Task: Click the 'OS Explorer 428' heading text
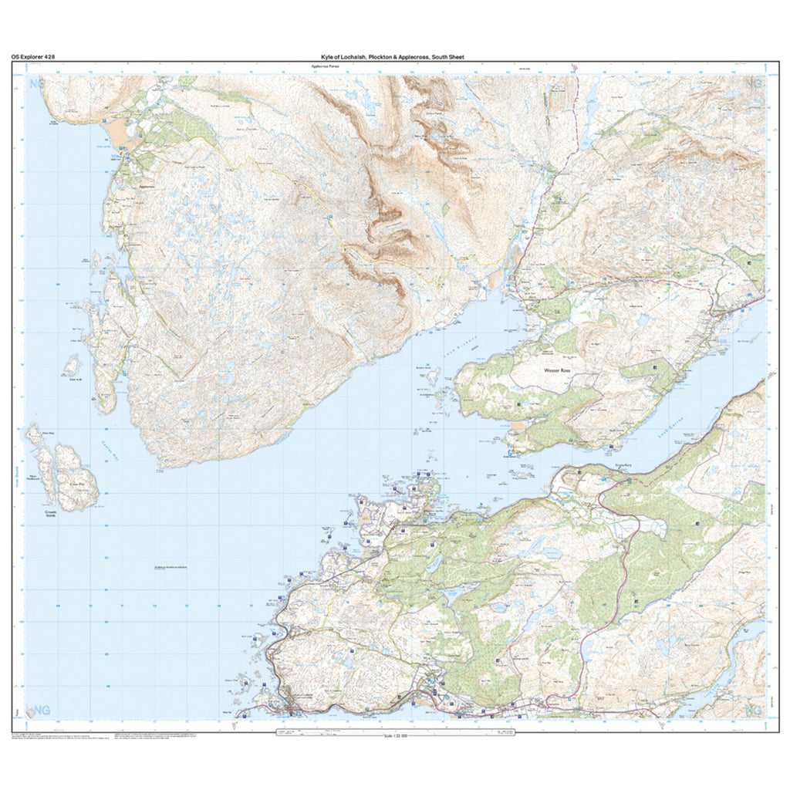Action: pos(32,57)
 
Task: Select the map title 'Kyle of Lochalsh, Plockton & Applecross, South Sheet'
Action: pos(393,57)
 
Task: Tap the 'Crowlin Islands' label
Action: pos(53,513)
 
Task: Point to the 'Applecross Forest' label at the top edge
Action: pos(325,67)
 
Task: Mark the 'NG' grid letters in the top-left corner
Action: pos(35,83)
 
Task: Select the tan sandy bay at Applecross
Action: pos(122,136)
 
